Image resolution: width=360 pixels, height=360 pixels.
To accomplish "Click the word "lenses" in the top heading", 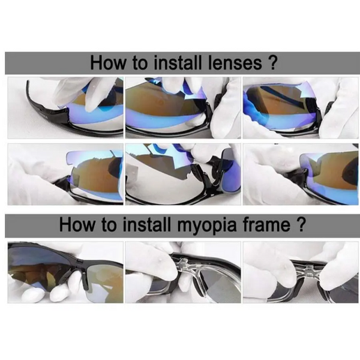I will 232,63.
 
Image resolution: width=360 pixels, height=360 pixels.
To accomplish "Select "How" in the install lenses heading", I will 107,63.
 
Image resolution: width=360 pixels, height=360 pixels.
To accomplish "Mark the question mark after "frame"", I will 302,226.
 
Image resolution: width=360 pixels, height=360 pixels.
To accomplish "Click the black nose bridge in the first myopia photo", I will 84,273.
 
